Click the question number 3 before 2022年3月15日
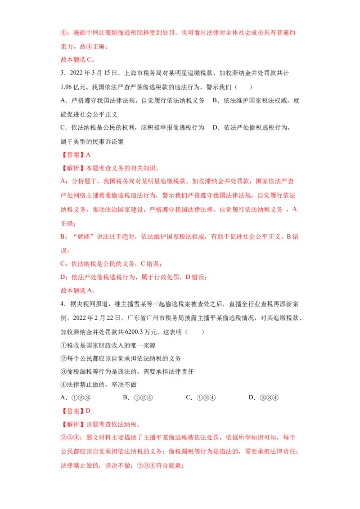point(62,73)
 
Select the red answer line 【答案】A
point(76,155)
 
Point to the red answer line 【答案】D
point(76,411)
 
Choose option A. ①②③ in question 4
point(76,397)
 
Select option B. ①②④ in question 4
point(138,397)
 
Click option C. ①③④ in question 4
point(200,397)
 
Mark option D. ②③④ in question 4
point(264,397)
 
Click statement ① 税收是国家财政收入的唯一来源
point(108,345)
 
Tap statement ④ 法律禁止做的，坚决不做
point(99,384)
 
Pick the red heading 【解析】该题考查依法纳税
point(100,424)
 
